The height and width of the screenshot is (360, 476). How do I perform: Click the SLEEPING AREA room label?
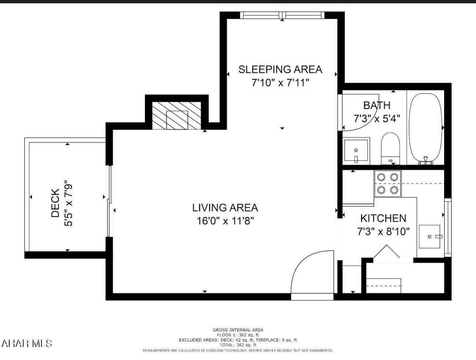(280, 70)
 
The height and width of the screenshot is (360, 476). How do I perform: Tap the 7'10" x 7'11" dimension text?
(280, 83)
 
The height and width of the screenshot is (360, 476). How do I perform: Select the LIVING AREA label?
(225, 208)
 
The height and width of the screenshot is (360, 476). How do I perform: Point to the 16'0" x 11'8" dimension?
(225, 221)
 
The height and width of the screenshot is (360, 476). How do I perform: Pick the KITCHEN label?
(383, 218)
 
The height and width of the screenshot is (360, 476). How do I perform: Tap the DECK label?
(55, 203)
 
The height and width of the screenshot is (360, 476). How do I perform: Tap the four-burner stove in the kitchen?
(387, 183)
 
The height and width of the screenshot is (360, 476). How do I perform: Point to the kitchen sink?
(430, 236)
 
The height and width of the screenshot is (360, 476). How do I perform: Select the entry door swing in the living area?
(310, 272)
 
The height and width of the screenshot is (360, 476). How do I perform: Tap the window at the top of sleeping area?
(283, 15)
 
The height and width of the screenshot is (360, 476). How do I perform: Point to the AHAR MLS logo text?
(27, 343)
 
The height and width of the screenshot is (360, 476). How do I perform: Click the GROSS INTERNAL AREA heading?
(238, 330)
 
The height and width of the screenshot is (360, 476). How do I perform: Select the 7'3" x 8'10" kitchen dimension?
(383, 232)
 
